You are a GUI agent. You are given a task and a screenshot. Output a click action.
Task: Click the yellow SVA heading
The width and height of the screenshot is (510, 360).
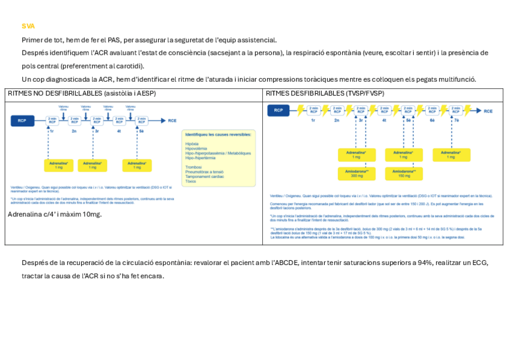click(28, 26)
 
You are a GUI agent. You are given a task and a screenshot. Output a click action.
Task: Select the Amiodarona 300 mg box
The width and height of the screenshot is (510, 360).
click(357, 174)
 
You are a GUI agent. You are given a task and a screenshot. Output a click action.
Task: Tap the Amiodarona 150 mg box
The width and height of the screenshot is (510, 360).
click(404, 174)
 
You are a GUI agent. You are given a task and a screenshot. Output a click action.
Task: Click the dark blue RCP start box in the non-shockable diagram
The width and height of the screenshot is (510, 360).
click(22, 121)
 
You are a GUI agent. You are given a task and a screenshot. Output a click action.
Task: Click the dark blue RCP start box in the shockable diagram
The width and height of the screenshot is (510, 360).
click(278, 111)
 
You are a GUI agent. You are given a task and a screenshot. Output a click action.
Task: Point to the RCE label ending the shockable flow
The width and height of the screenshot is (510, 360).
click(488, 111)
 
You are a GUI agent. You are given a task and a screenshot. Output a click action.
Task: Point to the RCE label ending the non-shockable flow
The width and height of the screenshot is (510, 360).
click(173, 121)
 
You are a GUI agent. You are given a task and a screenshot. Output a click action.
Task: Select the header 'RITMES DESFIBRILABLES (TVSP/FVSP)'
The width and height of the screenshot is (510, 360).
click(325, 94)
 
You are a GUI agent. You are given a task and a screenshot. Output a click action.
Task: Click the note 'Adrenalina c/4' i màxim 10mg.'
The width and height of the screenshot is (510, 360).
click(55, 215)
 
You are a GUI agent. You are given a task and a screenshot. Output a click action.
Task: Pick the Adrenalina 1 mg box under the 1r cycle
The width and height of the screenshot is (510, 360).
click(59, 165)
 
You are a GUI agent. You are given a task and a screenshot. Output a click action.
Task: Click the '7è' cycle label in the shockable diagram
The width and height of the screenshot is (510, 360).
click(456, 121)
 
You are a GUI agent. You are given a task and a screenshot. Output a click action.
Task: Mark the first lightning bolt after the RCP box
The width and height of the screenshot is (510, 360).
click(293, 111)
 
